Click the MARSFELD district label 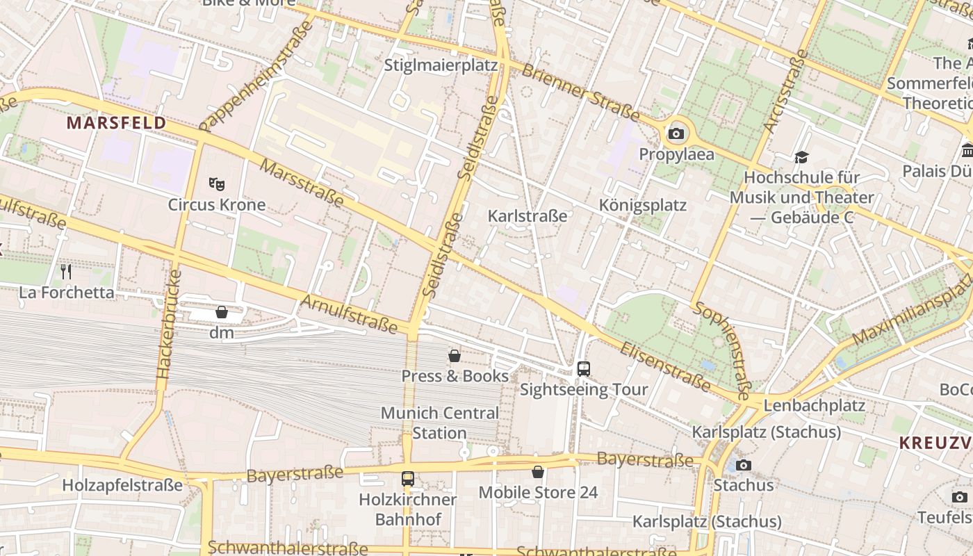pyautogui.click(x=116, y=124)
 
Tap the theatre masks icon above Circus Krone pyautogui.click(x=217, y=184)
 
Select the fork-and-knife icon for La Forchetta pyautogui.click(x=66, y=271)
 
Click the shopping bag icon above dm pyautogui.click(x=222, y=312)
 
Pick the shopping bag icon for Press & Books pyautogui.click(x=455, y=356)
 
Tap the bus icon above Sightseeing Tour pyautogui.click(x=584, y=369)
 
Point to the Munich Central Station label pyautogui.click(x=439, y=423)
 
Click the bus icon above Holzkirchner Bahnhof pyautogui.click(x=408, y=479)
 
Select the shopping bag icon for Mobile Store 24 pyautogui.click(x=538, y=473)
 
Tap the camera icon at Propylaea pyautogui.click(x=676, y=133)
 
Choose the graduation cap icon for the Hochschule pyautogui.click(x=801, y=158)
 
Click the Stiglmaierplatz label pyautogui.click(x=441, y=65)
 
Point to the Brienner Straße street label pyautogui.click(x=580, y=92)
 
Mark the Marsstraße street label pyautogui.click(x=302, y=183)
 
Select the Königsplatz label pyautogui.click(x=643, y=205)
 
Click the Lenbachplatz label pyautogui.click(x=814, y=405)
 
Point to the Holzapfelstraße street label pyautogui.click(x=122, y=485)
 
